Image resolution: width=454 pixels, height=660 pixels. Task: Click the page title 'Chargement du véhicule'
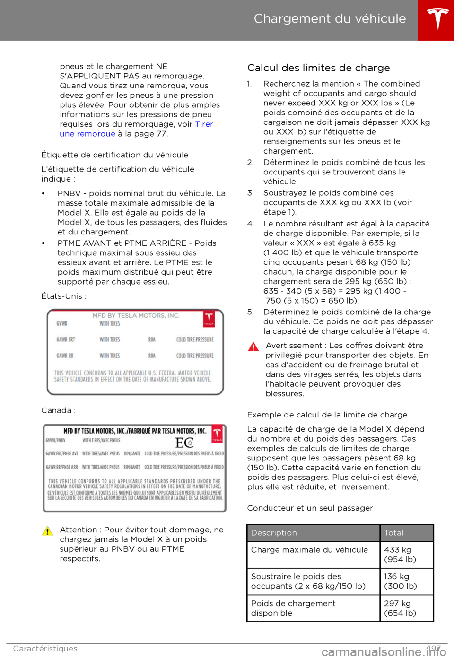pos(330,19)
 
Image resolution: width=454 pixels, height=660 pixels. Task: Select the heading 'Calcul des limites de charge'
pos(318,68)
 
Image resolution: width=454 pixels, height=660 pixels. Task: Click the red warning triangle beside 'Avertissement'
pos(253,347)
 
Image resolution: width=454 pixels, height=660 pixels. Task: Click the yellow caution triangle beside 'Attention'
pos(48,531)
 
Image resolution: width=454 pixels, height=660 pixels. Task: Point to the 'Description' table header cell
pos(274,533)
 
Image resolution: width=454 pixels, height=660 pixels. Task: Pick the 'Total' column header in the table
pos(394,533)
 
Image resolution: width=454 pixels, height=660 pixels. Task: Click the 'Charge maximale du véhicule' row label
pos(309,550)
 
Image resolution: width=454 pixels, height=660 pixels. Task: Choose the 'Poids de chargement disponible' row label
pos(293,608)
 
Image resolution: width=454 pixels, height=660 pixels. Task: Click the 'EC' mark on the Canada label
pos(184,443)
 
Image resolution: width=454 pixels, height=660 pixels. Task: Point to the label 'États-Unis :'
pos(64,296)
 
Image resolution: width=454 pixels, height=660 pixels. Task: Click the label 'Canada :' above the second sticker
pos(59,410)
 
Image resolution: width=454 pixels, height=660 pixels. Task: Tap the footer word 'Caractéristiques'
pos(45,649)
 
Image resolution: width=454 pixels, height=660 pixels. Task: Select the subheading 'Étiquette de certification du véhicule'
pos(115,155)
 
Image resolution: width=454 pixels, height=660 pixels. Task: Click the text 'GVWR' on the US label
pos(62,324)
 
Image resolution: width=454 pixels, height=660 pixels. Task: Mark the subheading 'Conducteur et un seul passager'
pos(310,508)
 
